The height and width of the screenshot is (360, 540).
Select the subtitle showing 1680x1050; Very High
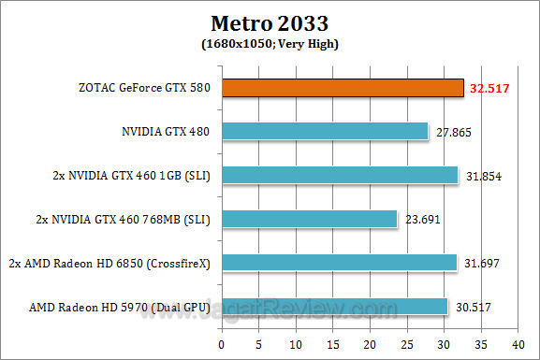click(x=270, y=43)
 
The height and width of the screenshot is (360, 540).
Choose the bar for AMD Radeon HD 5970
click(x=334, y=307)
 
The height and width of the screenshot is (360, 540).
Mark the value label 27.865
click(x=452, y=133)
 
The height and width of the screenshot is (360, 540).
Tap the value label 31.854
click(x=483, y=176)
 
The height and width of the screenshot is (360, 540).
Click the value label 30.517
click(x=473, y=308)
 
